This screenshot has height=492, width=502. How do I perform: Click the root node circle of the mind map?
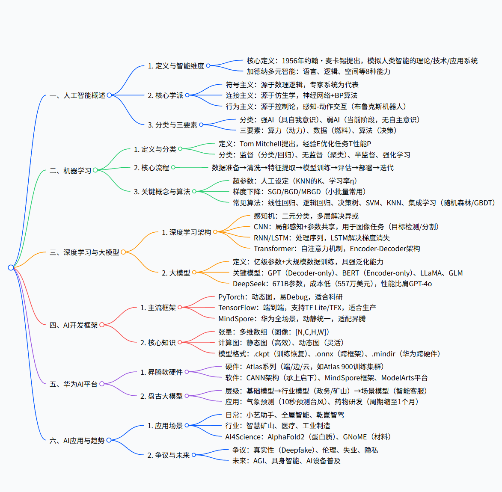coord(11,267)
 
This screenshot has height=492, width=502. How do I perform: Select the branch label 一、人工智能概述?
coord(77,95)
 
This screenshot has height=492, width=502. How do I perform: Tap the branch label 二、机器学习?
coord(71,171)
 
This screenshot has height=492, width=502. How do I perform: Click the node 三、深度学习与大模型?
coord(84,252)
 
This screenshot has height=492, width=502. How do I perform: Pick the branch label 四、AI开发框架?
coord(74,325)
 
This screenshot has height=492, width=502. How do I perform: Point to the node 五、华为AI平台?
coord(74,384)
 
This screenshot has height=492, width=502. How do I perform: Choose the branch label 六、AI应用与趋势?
coord(77,441)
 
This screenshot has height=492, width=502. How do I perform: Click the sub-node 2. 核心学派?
coord(165,95)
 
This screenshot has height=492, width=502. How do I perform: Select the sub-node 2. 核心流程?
coord(151,168)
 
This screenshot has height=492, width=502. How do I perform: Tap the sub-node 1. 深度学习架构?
coord(186,232)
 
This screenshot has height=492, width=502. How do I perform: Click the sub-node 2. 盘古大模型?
coord(161,396)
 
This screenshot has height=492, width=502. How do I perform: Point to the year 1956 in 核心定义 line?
coord(290,61)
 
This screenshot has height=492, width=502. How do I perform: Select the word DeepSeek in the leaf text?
coord(250,284)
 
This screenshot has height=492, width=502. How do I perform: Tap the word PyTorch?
coord(231,297)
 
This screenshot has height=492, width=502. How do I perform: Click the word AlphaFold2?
coord(286,437)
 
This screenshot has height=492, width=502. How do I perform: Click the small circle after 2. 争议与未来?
coord(193,455)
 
